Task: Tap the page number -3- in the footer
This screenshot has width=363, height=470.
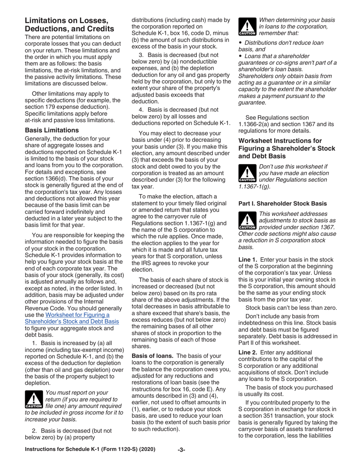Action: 181,450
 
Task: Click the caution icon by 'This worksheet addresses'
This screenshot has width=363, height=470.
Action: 248,220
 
